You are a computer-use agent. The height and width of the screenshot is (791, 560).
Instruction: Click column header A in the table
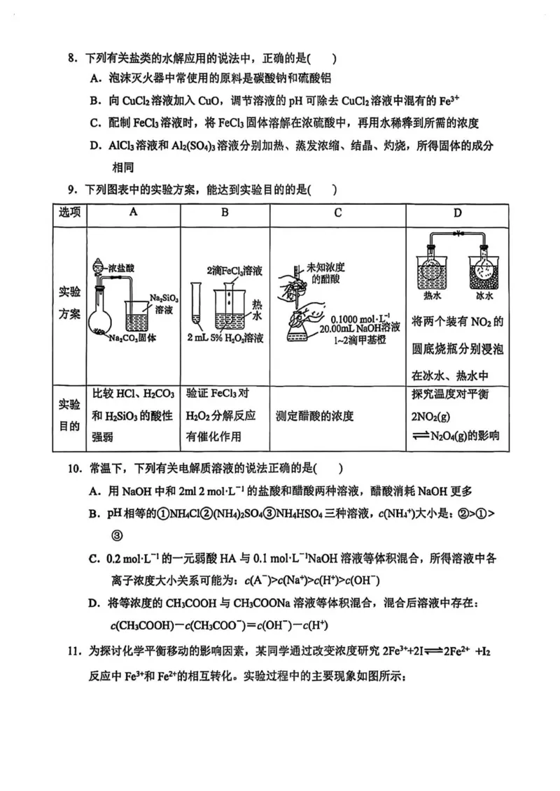(133, 213)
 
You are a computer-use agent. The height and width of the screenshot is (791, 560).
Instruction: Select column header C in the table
(337, 213)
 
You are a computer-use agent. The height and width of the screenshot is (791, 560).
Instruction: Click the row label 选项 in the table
(69, 213)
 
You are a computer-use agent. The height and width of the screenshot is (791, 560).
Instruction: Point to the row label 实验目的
(69, 416)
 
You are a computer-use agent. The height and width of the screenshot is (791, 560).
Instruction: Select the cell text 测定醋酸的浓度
(315, 416)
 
